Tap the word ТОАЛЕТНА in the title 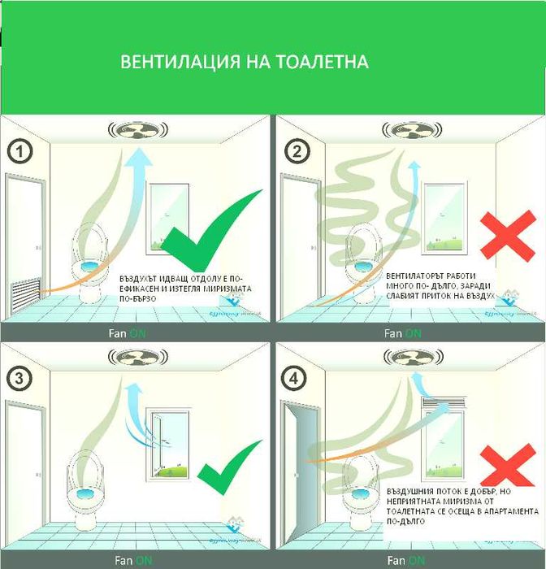coord(323,63)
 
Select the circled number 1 coord(19,151)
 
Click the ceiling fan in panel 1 coord(136,130)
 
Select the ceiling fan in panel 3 coord(136,356)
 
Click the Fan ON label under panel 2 coord(403,333)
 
